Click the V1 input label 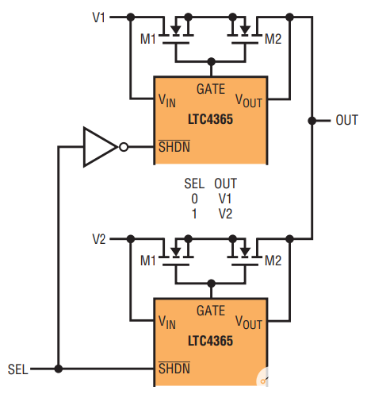[99, 16]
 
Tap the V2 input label [99, 238]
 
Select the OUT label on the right [346, 120]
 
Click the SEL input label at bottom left [18, 369]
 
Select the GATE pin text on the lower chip [210, 311]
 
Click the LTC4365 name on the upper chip [210, 118]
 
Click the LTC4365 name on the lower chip [210, 340]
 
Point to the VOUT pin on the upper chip [249, 101]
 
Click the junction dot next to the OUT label [312, 121]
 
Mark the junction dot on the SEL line [59, 369]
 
